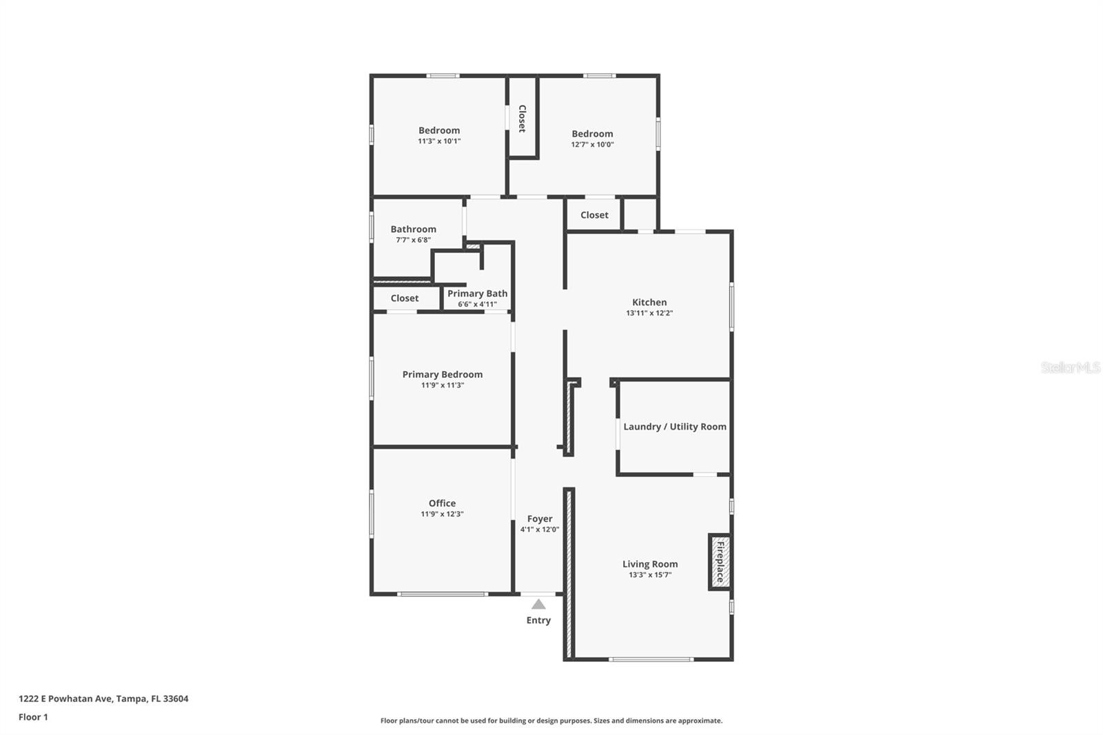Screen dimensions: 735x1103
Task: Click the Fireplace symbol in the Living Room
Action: click(720, 562)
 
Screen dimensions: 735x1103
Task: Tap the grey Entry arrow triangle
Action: click(538, 605)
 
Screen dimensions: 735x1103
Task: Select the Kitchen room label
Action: click(649, 302)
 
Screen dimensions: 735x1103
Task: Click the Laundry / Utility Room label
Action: click(674, 427)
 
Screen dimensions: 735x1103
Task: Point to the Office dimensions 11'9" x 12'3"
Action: click(442, 514)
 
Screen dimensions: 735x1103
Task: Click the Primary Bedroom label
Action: click(443, 374)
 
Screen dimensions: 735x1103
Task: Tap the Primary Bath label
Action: click(477, 294)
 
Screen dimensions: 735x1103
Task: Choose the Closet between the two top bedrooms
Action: click(522, 119)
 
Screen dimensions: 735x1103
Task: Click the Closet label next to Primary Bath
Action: click(405, 299)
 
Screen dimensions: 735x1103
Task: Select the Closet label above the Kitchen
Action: click(594, 215)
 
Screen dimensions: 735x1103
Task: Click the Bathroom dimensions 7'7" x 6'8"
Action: click(413, 241)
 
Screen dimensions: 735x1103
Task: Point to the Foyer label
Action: click(540, 519)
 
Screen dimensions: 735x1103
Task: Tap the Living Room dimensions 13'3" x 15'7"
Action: click(649, 575)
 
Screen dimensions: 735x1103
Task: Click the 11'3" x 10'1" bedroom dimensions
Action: click(439, 141)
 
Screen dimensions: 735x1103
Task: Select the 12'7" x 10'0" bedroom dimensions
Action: click(592, 145)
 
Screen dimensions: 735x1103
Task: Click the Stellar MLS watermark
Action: click(1070, 367)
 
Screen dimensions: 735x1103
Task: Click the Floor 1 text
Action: click(33, 717)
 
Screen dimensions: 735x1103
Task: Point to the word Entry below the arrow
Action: click(538, 621)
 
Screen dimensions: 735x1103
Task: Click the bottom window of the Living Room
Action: click(651, 660)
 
